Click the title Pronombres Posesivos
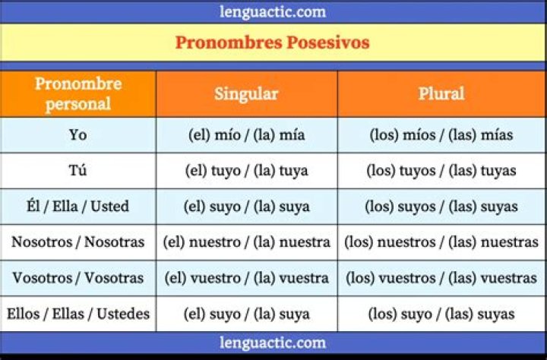tap(273, 43)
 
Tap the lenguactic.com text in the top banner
tap(273, 11)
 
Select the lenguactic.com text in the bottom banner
tap(273, 343)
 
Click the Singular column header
tap(246, 93)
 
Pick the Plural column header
tap(441, 93)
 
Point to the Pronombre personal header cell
tap(78, 93)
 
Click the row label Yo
tap(77, 135)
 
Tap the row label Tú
tap(77, 171)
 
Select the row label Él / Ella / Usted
tap(77, 207)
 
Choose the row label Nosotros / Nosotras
tap(77, 242)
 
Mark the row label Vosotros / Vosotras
tap(77, 278)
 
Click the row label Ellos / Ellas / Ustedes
tap(77, 314)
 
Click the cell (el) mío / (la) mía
tap(246, 135)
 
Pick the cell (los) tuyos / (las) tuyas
tap(441, 171)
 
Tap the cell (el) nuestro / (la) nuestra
tap(246, 242)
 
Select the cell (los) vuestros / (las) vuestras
tap(441, 278)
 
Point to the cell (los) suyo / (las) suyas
tap(441, 314)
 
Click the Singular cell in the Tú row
tap(246, 171)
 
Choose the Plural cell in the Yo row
tap(441, 135)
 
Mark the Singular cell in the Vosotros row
tap(246, 278)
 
